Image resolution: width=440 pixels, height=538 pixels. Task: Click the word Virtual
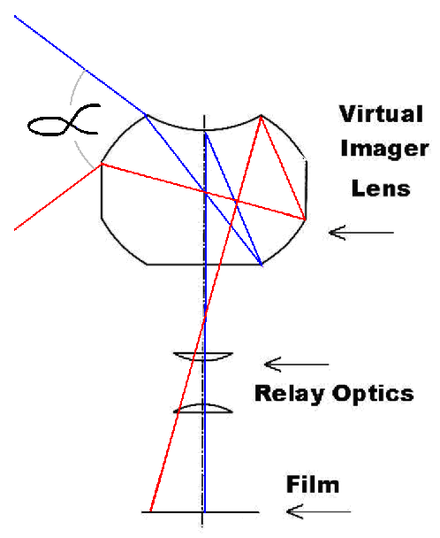click(x=381, y=114)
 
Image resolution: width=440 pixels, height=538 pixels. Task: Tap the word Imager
click(x=384, y=150)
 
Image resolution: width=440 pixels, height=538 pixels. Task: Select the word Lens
click(x=381, y=188)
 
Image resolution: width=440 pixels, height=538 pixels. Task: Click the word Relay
click(x=290, y=394)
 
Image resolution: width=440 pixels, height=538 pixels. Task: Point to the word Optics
click(x=373, y=394)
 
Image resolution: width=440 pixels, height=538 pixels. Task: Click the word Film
click(x=313, y=485)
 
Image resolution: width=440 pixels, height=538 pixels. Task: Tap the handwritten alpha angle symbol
click(x=64, y=120)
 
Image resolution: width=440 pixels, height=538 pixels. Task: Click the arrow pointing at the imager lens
click(x=361, y=233)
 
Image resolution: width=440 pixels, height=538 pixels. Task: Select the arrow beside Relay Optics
click(x=297, y=365)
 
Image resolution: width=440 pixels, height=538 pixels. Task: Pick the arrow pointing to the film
click(x=318, y=511)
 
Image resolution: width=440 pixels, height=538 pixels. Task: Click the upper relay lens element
click(x=203, y=356)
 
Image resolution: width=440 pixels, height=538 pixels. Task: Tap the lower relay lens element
click(x=203, y=408)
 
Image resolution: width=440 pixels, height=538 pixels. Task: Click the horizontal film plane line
click(x=201, y=512)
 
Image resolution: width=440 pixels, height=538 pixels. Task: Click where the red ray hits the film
click(x=150, y=511)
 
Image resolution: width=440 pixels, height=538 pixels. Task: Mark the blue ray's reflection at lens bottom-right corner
click(x=262, y=265)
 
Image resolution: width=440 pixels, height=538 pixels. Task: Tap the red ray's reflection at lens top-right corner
click(x=261, y=116)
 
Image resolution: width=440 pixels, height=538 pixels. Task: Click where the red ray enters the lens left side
click(x=102, y=165)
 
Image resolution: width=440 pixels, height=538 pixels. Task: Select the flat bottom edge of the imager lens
click(x=204, y=265)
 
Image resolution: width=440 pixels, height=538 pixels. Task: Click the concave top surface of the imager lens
click(x=204, y=130)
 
